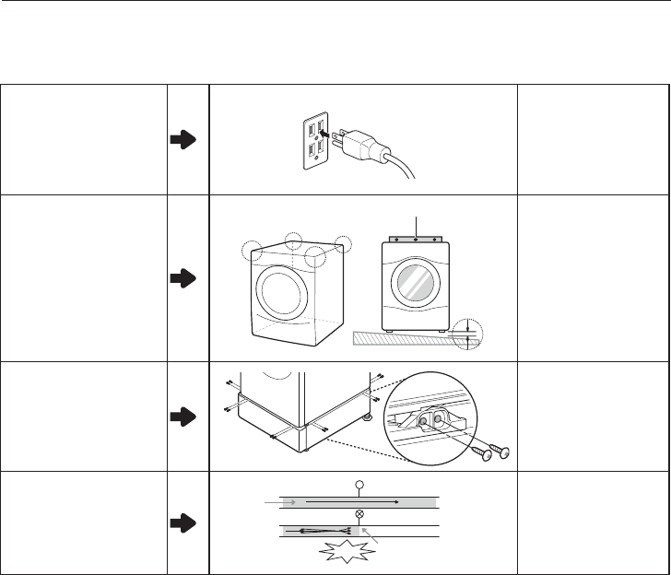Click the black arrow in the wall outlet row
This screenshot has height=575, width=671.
click(183, 139)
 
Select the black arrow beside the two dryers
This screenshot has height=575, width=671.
click(183, 277)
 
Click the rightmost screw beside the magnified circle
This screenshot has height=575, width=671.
click(503, 452)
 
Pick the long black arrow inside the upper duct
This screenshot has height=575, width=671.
click(354, 502)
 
